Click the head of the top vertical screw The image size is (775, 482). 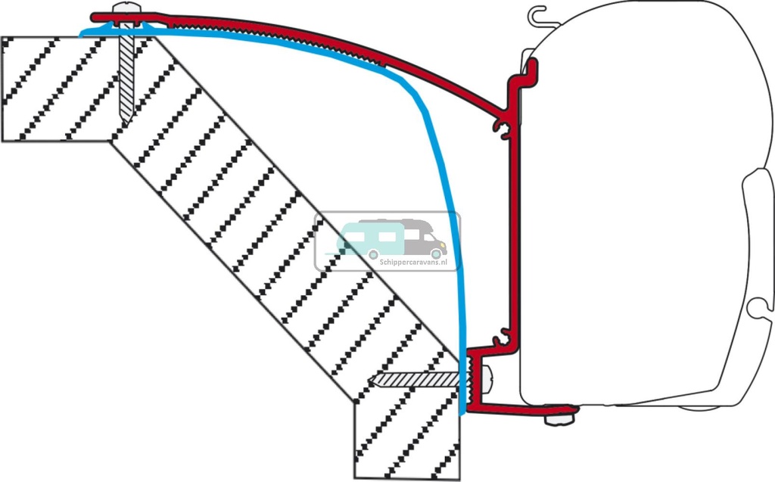tap(126, 10)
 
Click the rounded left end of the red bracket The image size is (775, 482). tap(95, 17)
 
